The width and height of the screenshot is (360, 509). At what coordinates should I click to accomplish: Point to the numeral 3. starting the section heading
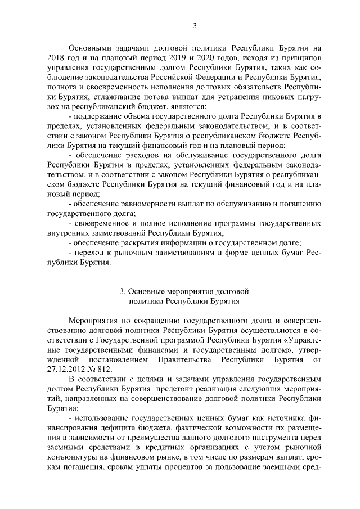point(123,291)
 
